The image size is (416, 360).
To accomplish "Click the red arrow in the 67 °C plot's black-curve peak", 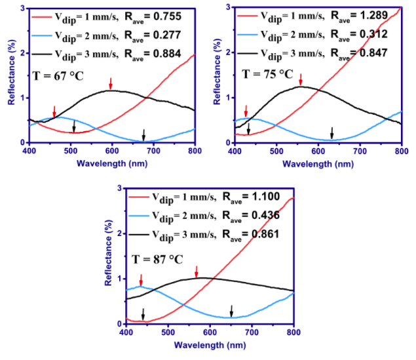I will [x=111, y=83].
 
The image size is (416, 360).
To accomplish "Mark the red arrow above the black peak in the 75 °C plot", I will [x=301, y=79].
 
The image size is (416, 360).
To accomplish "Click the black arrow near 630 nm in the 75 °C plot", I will [x=331, y=132].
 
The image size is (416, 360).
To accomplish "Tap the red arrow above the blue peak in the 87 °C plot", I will [x=141, y=280].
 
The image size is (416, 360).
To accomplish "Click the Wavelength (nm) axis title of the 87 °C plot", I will [x=210, y=346].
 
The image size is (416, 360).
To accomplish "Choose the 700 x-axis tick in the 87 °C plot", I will [x=252, y=332].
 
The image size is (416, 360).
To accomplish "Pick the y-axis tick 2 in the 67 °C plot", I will [x=23, y=52].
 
